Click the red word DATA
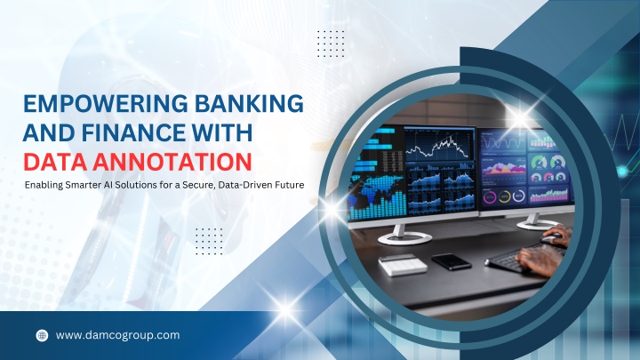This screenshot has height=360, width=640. (x=55, y=162)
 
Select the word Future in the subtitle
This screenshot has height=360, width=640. (x=290, y=185)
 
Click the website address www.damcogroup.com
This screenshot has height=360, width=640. (x=118, y=335)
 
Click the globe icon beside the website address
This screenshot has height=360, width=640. (x=42, y=335)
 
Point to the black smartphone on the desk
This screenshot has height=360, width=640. (x=452, y=261)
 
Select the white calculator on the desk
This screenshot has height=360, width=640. (x=403, y=265)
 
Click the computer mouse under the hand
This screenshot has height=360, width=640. (x=552, y=239)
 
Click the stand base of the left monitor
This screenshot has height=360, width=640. (x=404, y=238)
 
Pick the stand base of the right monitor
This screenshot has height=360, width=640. (x=535, y=224)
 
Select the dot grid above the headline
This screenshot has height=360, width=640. (x=331, y=44)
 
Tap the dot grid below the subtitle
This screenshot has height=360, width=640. (x=209, y=242)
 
